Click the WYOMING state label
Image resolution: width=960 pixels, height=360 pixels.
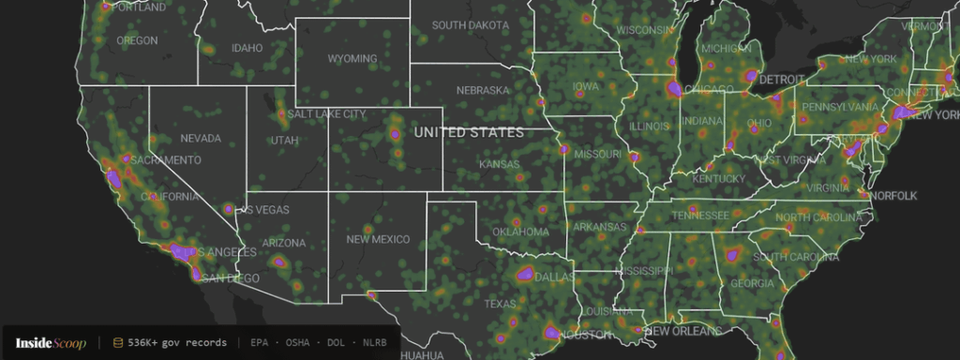coord(352,59)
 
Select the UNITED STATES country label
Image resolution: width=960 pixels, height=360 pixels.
coord(470,133)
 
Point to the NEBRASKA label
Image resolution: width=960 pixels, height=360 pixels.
coord(483,91)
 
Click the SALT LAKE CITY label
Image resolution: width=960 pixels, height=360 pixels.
coord(326,114)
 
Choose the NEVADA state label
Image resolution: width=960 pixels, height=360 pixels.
coord(201,139)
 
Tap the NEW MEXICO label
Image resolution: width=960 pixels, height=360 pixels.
coord(378,239)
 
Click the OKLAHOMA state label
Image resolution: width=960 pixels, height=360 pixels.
coord(521,232)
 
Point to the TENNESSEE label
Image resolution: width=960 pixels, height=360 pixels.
coord(699,216)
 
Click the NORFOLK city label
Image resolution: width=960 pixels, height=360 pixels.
coord(893,196)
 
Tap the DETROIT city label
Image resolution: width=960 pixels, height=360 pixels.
coord(782,80)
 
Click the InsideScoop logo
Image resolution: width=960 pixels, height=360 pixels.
coord(51,343)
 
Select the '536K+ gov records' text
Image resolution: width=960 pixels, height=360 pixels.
coord(177,343)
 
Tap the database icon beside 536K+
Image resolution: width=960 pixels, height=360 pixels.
coord(118,343)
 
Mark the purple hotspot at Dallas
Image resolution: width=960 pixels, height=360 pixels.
coord(526,275)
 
